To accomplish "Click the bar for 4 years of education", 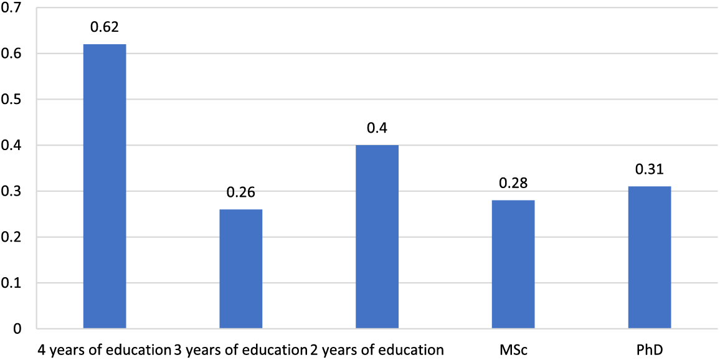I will point(105,186).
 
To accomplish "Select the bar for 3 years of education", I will point(241,268).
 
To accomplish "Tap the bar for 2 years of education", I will point(377,237).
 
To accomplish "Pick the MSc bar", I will point(513,264).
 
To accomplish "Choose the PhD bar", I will point(650,257).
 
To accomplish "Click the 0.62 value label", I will point(105,27).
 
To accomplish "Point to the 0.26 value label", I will point(241,192).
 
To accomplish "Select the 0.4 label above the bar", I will point(377,128).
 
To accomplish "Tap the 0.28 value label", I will point(513,183).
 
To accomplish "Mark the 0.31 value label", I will point(650,169).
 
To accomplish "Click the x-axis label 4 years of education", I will point(103,349).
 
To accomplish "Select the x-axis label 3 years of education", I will point(240,349).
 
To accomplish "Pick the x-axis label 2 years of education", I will point(376,349).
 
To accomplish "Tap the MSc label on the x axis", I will point(513,349).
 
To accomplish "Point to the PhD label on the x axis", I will point(650,349).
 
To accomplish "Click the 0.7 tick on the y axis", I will point(12,9).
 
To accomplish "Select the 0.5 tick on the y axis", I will point(12,100).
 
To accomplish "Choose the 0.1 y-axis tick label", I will point(12,283).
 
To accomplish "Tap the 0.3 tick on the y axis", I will point(12,192).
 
